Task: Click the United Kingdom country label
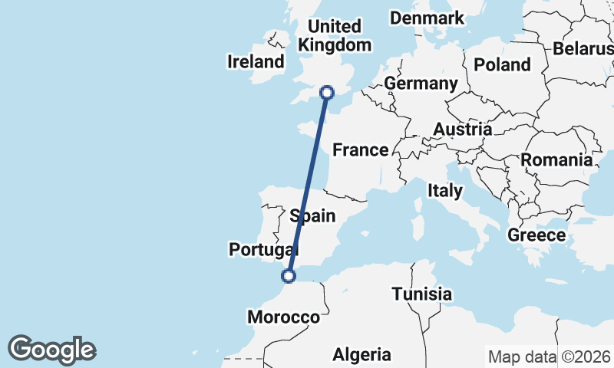coord(335,36)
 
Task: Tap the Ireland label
coord(256,61)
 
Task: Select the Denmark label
coord(427,18)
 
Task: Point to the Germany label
coord(421,83)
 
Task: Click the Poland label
coord(502,64)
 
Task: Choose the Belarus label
coord(583,48)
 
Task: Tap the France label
coord(360,149)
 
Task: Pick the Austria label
coord(462,130)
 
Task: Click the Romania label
coord(556,160)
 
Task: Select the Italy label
coord(445,190)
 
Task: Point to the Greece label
coord(536,235)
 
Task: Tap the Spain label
coord(312,215)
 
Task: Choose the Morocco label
coord(283,317)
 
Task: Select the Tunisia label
coord(421,294)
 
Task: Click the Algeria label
coord(361,354)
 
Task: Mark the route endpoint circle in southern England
coord(327,93)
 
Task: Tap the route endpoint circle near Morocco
coord(289,276)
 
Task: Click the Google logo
coord(51,350)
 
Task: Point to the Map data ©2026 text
coord(548,356)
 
